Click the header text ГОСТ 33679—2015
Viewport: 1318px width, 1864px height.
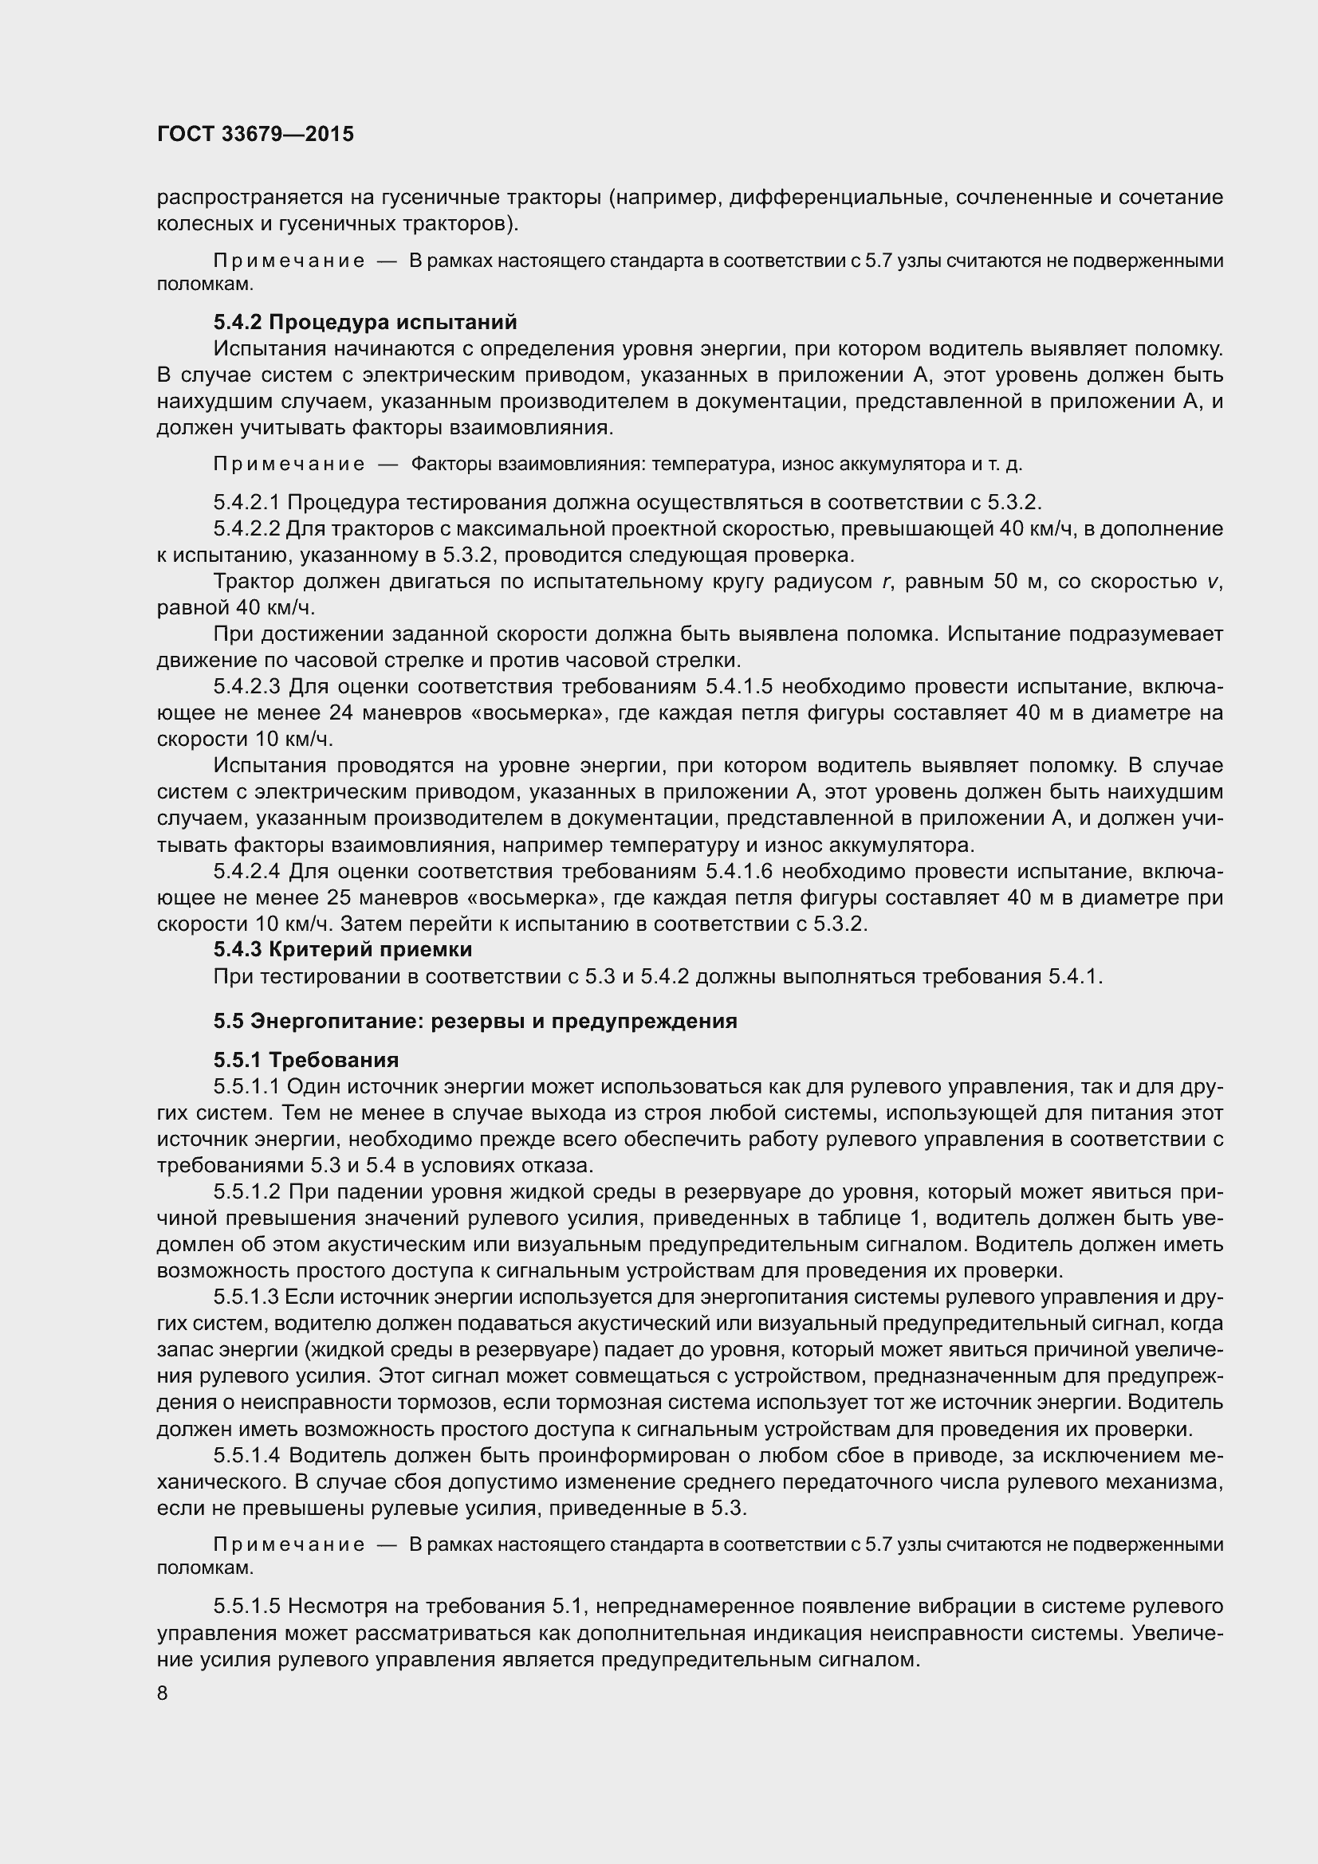click(255, 134)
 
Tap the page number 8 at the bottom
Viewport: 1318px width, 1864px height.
click(163, 1693)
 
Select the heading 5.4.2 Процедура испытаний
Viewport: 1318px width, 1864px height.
click(364, 322)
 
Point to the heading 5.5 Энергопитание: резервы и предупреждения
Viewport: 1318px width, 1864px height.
click(475, 1021)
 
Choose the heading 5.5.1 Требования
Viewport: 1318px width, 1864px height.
click(305, 1060)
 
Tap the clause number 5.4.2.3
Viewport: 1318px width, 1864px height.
click(247, 687)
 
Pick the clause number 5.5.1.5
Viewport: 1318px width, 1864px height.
click(247, 1607)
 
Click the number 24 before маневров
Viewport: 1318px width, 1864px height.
click(342, 712)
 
